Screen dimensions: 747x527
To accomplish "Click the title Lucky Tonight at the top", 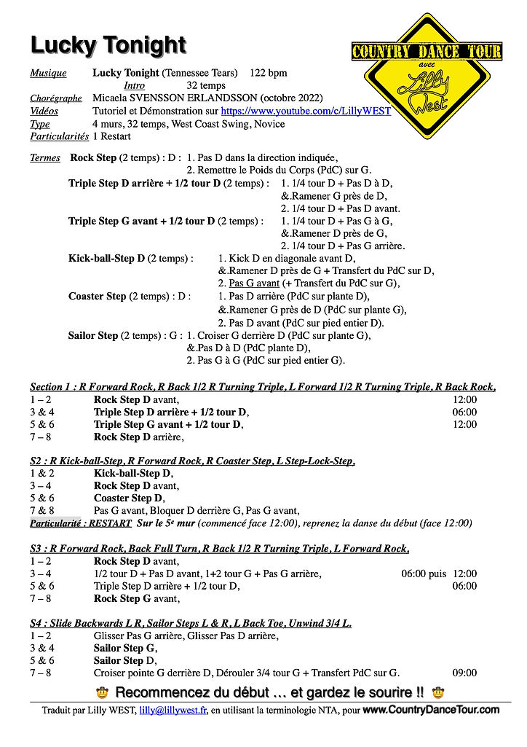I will pos(108,45).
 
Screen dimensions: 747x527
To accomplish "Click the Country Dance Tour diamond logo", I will pos(427,75).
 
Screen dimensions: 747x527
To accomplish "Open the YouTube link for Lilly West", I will pos(306,111).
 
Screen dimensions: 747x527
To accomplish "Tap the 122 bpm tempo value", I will pos(269,73).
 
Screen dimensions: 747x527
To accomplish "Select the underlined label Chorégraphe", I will pos(56,98).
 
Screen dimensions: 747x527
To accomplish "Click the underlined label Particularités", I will pos(59,136).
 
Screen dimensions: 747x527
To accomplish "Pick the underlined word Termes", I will pos(45,158).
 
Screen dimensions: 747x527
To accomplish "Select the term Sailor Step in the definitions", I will pos(93,336).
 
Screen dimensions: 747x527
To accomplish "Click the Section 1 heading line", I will pos(263,387).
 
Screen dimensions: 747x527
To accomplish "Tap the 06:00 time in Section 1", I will pos(464,412).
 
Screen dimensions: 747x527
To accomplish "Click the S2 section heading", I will pos(192,461).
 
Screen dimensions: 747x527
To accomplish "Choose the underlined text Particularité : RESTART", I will pos(81,523).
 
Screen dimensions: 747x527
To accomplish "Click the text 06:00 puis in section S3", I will pos(424,574).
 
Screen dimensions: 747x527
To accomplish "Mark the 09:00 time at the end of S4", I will pos(464,673).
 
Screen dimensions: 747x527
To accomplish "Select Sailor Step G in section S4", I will pos(124,649).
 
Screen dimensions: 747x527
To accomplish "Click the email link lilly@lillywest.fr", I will pos(173,711).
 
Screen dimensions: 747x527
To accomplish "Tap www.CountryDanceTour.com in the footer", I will pos(431,710).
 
